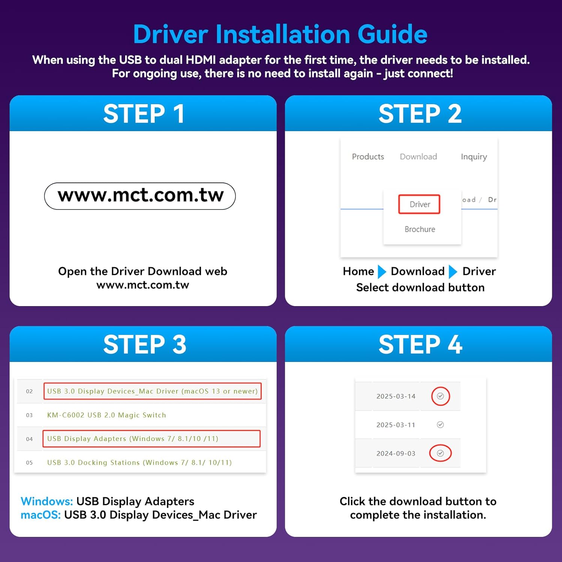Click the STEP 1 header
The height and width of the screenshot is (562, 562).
click(x=144, y=114)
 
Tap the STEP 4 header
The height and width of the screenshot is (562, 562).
click(x=420, y=344)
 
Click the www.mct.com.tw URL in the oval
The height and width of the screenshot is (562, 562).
click(x=140, y=195)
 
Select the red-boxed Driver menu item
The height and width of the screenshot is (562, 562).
click(x=420, y=204)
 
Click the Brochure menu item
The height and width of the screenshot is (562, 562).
click(x=420, y=229)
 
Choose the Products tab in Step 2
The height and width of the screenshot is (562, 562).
click(x=368, y=157)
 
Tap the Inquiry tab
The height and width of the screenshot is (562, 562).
click(x=474, y=157)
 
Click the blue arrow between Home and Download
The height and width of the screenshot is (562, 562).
click(x=382, y=272)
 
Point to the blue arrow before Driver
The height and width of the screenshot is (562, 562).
click(x=453, y=272)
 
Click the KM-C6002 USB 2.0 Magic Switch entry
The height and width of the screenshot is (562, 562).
click(x=106, y=415)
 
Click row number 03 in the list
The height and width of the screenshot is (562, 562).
click(x=29, y=415)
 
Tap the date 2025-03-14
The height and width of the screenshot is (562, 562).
click(x=396, y=396)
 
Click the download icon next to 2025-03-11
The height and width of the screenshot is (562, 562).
click(x=440, y=424)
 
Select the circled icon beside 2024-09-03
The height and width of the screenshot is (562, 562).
click(x=440, y=453)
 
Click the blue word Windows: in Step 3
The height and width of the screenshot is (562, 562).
click(x=47, y=501)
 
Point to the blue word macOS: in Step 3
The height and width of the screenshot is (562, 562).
click(x=40, y=515)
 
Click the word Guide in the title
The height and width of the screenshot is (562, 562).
click(x=392, y=34)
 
